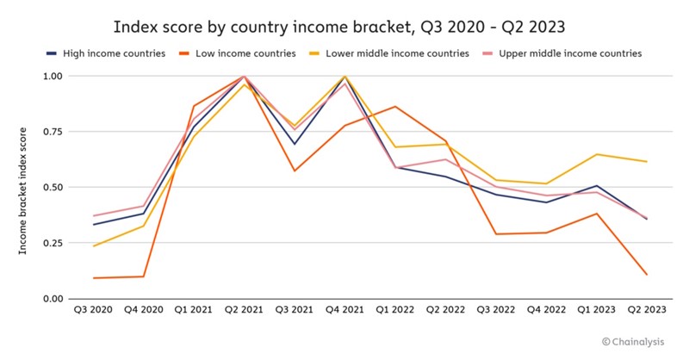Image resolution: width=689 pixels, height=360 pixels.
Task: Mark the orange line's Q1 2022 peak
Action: (395, 107)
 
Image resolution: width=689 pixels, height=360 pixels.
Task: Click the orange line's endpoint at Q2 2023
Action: (647, 275)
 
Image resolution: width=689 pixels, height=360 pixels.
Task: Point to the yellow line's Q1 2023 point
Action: (597, 154)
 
